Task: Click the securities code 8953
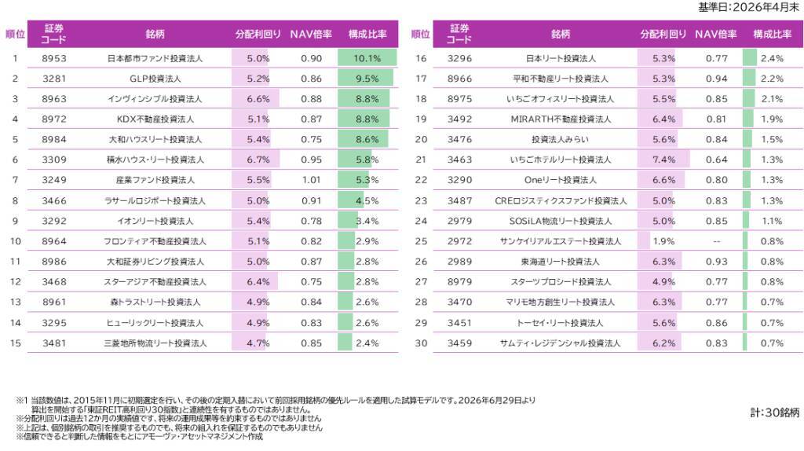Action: coord(54,58)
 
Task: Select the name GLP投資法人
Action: coord(155,79)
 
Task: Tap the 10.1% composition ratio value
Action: coord(367,58)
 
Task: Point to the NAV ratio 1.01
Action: coord(311,180)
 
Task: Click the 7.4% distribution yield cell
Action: coord(663,159)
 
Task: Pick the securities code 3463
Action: coord(459,159)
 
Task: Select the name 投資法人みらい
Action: coord(560,140)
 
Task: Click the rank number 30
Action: coord(421,343)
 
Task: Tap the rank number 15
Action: coord(16,343)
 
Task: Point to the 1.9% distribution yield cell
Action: coord(663,241)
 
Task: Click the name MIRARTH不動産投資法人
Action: coord(561,119)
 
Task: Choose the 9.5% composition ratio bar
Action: coord(366,79)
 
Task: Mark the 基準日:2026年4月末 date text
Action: coord(748,7)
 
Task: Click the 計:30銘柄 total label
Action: coord(775,412)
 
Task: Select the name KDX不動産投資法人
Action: coord(155,119)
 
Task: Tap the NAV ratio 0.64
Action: coord(716,159)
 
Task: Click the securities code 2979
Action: coord(459,221)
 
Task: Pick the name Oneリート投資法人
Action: coord(561,180)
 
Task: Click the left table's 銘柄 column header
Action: coord(155,34)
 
